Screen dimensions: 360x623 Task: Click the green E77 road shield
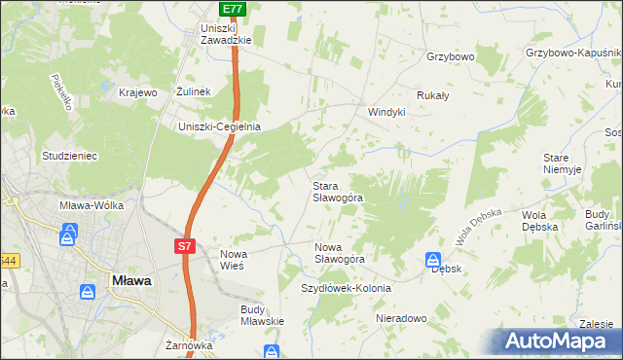[232, 9]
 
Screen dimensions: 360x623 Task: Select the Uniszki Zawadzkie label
[226, 34]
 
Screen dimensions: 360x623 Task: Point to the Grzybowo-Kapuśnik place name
[572, 53]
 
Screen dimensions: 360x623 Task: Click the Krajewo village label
[137, 92]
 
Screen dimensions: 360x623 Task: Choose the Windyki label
[385, 112]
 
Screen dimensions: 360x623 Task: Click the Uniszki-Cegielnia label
[219, 126]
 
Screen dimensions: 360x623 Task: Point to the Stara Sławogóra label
[337, 191]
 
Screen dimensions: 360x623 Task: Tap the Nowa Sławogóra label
[339, 253]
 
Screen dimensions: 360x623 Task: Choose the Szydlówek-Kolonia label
[346, 289]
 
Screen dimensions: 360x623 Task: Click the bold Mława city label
[130, 280]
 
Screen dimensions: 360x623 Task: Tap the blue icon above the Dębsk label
[432, 260]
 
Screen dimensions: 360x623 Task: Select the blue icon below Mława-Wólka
[69, 234]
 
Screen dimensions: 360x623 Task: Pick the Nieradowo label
[401, 318]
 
